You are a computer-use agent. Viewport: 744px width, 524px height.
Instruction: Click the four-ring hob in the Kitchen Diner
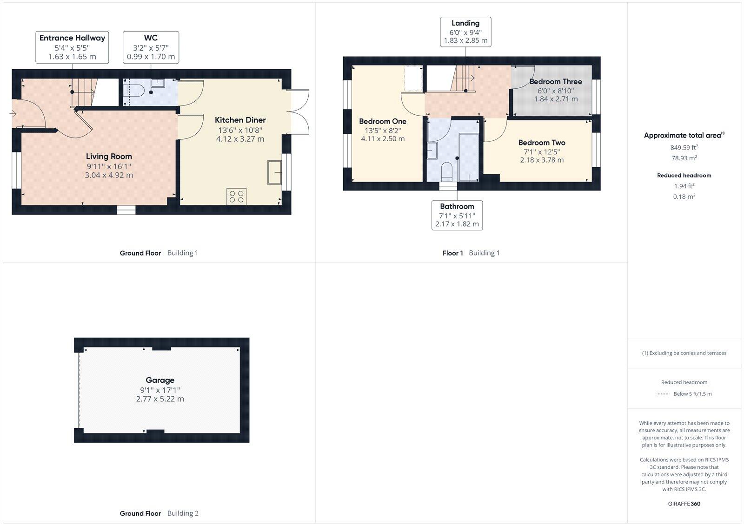pos(236,196)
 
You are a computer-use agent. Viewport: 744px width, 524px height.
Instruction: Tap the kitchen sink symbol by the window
pos(275,172)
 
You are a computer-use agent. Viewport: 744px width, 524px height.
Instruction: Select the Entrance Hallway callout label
pos(72,47)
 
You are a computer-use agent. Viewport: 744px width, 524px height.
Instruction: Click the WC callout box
pos(151,47)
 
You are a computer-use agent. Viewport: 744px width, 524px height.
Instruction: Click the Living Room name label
pos(109,157)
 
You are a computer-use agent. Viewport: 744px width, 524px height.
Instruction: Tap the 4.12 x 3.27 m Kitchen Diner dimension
pos(240,139)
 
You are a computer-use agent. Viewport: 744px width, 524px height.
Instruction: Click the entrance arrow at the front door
pos(13,113)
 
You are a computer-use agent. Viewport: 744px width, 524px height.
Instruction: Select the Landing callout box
pos(465,32)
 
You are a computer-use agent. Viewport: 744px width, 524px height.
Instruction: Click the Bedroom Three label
pos(556,82)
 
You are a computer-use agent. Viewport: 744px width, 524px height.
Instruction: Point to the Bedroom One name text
pos(383,121)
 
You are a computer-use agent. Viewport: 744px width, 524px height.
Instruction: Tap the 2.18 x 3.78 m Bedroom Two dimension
pos(542,160)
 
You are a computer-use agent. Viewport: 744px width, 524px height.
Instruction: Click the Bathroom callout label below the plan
pos(457,215)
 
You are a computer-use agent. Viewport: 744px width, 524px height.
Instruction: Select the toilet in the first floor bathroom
pos(447,170)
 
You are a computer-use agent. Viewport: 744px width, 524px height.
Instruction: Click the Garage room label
pos(160,380)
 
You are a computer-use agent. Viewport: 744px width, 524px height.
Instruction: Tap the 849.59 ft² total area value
pos(684,148)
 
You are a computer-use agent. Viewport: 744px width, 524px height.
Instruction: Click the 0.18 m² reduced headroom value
pos(684,196)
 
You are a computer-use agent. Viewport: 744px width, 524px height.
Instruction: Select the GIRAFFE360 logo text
pos(684,504)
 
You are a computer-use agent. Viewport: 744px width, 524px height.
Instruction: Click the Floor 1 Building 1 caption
pos(471,253)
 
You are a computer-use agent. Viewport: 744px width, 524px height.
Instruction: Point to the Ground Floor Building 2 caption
pos(159,513)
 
